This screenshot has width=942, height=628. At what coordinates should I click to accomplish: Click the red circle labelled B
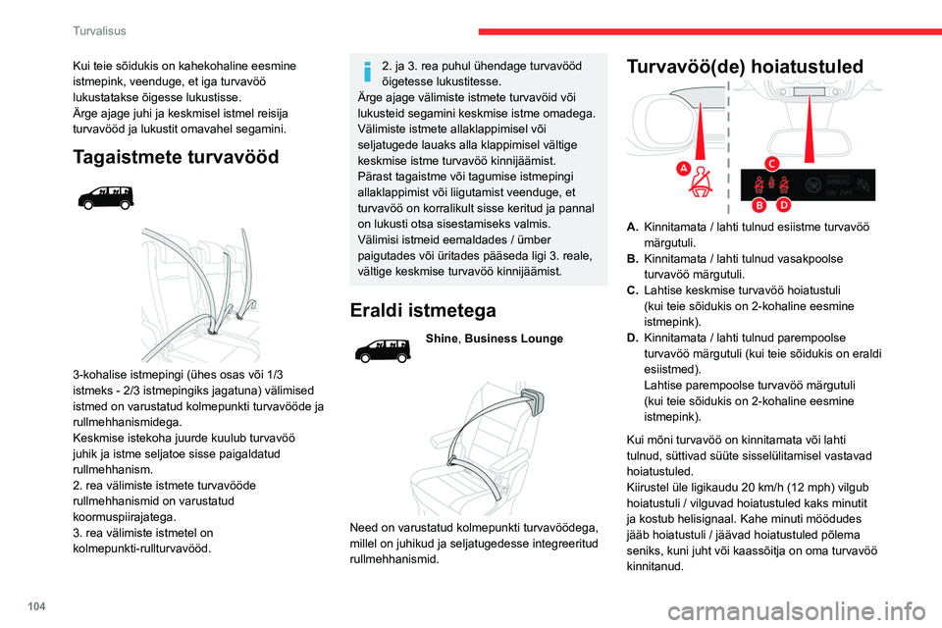coord(758,205)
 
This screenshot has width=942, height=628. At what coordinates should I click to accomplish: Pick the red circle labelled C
coord(772,162)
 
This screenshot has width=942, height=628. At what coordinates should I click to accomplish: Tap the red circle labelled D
coord(783,205)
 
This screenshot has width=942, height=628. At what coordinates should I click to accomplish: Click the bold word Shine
coord(441,339)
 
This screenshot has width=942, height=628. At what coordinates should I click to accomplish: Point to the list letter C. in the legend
coord(634,291)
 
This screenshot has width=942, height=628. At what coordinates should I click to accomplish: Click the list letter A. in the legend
coord(634,228)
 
